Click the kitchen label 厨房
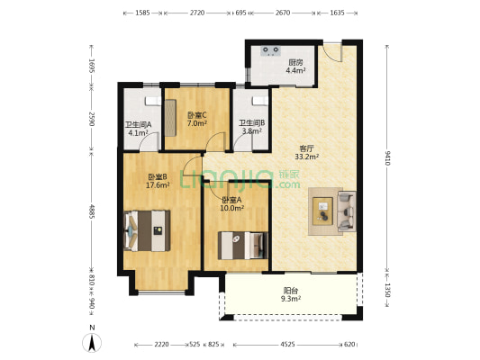[x=295, y=63]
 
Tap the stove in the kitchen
[x=270, y=50]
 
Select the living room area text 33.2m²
[x=307, y=157]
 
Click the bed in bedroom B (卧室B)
[x=148, y=230]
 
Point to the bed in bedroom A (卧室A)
[x=243, y=246]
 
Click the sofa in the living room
[x=347, y=211]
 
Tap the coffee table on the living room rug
[x=322, y=211]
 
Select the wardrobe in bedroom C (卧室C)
[x=170, y=118]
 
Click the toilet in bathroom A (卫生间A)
[x=152, y=101]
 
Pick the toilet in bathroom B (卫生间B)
[x=259, y=101]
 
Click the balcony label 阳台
[x=291, y=291]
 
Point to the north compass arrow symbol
[x=92, y=343]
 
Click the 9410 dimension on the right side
[x=387, y=158]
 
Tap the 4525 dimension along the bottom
[x=288, y=345]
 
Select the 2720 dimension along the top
[x=197, y=13]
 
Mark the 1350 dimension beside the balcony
[x=387, y=291]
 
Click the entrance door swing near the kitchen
[x=334, y=52]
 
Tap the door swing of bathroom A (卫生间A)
[x=150, y=141]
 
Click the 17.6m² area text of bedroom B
[x=158, y=185]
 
